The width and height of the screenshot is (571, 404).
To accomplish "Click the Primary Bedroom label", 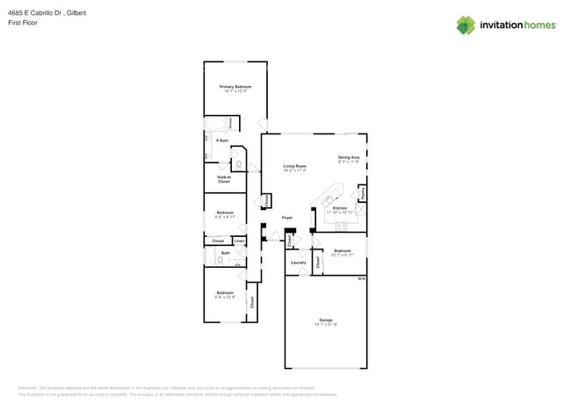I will (x=235, y=87).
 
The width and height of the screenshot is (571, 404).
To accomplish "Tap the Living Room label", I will (x=294, y=166).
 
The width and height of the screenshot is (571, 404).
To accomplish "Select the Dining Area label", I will (x=349, y=158).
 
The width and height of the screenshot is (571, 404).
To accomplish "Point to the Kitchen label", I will (x=339, y=208).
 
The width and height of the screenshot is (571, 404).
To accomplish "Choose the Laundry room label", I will (x=298, y=262).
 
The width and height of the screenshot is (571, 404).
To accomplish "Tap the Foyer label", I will (x=286, y=217).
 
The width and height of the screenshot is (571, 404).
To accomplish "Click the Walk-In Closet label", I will (x=223, y=179).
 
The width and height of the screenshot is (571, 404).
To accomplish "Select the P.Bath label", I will (x=222, y=141).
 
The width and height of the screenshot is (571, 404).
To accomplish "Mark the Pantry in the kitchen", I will (x=362, y=192).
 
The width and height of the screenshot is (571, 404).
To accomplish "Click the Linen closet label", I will (x=239, y=241).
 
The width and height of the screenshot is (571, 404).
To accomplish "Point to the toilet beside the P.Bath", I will (x=238, y=162).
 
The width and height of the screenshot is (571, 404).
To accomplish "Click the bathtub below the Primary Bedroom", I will (x=215, y=124).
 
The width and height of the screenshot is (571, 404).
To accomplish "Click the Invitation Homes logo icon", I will (x=465, y=25).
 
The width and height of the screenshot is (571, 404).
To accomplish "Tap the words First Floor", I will (x=20, y=24).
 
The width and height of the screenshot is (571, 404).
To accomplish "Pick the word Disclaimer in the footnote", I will (x=28, y=387).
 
